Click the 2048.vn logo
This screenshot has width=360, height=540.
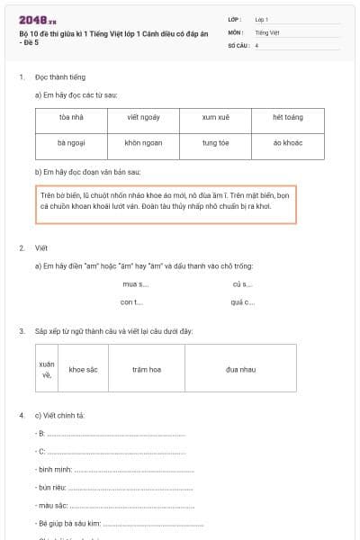(38, 19)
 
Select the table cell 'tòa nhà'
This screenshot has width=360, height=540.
(71, 117)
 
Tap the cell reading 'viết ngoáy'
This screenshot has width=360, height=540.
(143, 117)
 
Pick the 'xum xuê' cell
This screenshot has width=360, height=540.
(215, 117)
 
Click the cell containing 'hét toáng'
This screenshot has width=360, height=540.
(287, 117)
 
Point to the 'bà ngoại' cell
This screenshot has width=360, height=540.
(71, 143)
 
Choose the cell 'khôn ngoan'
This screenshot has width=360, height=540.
(143, 143)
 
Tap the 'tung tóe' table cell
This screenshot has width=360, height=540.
(215, 143)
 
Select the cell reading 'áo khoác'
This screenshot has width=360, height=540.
(287, 143)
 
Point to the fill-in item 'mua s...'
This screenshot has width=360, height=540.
(135, 283)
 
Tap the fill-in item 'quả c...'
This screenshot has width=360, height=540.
(242, 301)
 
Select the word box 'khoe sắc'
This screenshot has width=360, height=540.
(84, 369)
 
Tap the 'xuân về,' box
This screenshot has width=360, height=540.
(47, 369)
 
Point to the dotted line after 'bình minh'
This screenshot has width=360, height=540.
(134, 470)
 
